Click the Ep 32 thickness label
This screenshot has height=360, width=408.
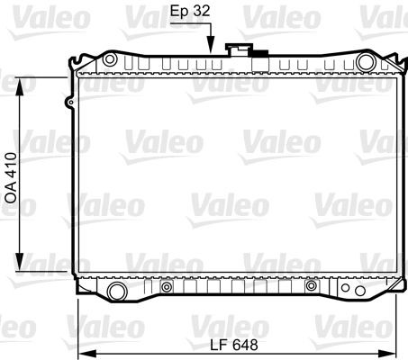click(190, 11)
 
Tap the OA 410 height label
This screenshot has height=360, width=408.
click(12, 178)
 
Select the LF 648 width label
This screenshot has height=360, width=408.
click(233, 345)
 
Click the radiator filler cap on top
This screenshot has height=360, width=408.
click(239, 49)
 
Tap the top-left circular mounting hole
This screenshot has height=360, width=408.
click(110, 59)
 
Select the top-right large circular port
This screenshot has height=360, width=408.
click(366, 62)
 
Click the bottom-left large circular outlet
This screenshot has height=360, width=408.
click(117, 292)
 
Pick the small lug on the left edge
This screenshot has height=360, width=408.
click(69, 103)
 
